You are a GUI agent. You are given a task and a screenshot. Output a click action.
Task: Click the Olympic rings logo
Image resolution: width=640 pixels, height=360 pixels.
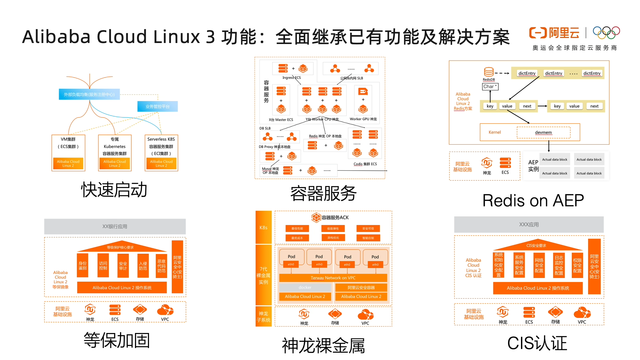606,32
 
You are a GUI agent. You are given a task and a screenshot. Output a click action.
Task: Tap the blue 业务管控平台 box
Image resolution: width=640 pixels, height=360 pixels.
157,106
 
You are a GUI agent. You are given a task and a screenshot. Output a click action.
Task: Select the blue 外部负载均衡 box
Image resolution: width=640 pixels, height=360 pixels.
89,94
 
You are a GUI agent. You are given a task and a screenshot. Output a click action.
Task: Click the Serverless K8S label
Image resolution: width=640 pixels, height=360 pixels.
161,139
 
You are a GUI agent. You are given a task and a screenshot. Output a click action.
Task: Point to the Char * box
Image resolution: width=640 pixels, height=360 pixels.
490,87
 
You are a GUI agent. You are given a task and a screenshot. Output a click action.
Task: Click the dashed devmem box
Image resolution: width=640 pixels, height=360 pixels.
543,132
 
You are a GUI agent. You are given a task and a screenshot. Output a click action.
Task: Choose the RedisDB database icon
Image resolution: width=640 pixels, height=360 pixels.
489,72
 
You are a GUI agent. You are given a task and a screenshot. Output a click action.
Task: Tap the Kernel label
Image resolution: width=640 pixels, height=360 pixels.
495,132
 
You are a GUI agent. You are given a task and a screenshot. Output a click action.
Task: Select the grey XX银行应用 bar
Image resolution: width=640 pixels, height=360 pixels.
115,226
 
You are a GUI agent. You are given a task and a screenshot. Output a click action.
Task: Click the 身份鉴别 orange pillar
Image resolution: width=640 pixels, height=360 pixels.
83,265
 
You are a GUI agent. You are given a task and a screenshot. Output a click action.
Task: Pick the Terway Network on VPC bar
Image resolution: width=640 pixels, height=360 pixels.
333,278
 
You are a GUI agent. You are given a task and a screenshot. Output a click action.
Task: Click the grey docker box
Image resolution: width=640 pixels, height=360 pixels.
305,287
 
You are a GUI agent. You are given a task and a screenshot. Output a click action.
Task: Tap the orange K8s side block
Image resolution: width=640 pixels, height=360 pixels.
263,227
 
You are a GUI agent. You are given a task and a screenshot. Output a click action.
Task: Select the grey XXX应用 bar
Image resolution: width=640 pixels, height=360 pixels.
529,224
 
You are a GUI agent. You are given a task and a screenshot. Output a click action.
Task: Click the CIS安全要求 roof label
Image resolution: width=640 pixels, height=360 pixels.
536,246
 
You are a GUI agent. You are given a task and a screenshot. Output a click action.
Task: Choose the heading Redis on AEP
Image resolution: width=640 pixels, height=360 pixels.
533,201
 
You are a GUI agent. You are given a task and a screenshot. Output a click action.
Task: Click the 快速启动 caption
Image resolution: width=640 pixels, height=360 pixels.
114,190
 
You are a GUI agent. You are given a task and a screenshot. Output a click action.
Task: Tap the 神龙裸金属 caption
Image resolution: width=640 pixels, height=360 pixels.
323,345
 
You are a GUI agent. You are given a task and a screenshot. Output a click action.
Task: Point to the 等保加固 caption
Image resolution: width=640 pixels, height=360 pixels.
117,340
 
